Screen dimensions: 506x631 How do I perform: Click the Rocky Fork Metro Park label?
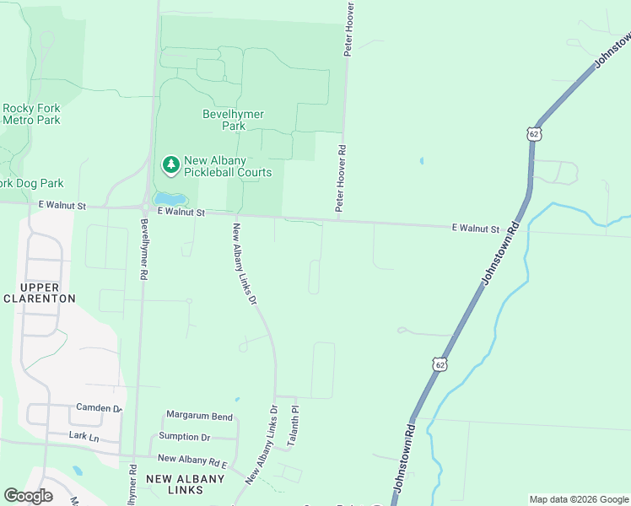tap(31, 114)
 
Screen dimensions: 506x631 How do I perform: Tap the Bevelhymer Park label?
tap(233, 120)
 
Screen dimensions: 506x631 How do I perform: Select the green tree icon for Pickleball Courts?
tap(171, 165)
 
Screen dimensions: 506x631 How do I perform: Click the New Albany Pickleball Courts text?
tap(228, 166)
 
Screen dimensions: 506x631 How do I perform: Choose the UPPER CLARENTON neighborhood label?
tap(40, 293)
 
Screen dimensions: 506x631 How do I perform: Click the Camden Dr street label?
tap(99, 407)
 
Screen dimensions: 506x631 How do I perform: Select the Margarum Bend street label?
tap(199, 417)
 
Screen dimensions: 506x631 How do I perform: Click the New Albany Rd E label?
tap(193, 459)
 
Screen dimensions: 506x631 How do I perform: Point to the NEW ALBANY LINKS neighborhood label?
tap(186, 485)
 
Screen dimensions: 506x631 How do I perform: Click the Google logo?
tap(28, 496)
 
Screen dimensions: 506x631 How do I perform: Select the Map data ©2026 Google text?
tap(578, 499)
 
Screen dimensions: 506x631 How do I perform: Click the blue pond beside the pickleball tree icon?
tap(171, 199)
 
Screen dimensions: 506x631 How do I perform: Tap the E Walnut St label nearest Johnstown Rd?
tap(475, 228)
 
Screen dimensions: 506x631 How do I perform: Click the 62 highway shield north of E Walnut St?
tap(533, 134)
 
